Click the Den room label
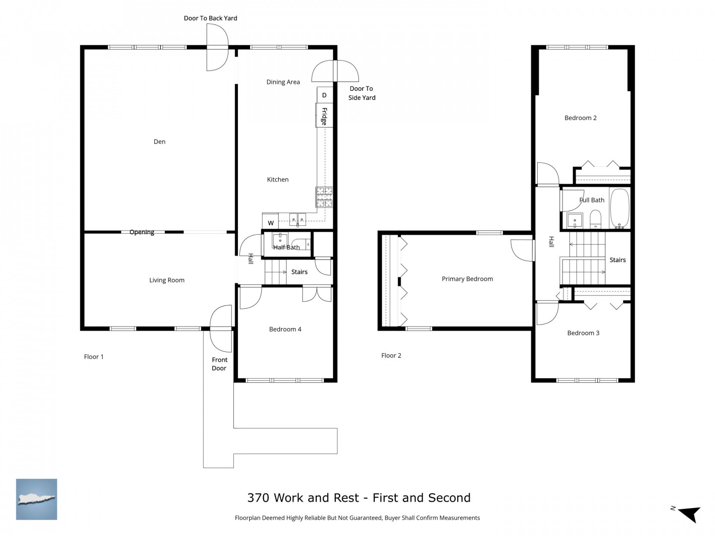tap(159, 141)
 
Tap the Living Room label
tap(167, 280)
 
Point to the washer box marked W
tap(271, 221)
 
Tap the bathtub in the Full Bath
tap(619, 208)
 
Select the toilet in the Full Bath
tap(595, 219)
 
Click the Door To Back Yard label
tap(211, 18)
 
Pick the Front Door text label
tap(219, 364)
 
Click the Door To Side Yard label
tap(361, 93)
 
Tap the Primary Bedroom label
tap(467, 279)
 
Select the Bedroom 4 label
tap(285, 330)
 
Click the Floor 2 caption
tap(391, 356)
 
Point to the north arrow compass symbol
tap(689, 514)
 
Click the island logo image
tap(36, 499)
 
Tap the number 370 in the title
tap(258, 498)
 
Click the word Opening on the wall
tap(142, 232)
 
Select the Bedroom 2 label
tap(580, 118)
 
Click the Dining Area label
tap(283, 82)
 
